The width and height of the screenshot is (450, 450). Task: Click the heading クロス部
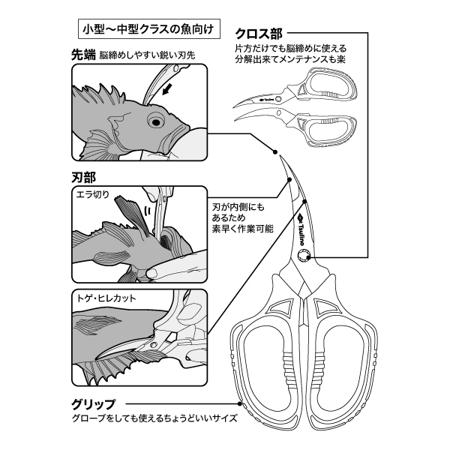[x=259, y=34]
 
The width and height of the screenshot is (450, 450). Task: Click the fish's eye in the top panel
[x=156, y=119]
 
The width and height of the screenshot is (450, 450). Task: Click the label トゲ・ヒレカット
[x=106, y=297]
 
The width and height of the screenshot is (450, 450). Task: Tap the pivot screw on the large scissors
[x=304, y=256]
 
